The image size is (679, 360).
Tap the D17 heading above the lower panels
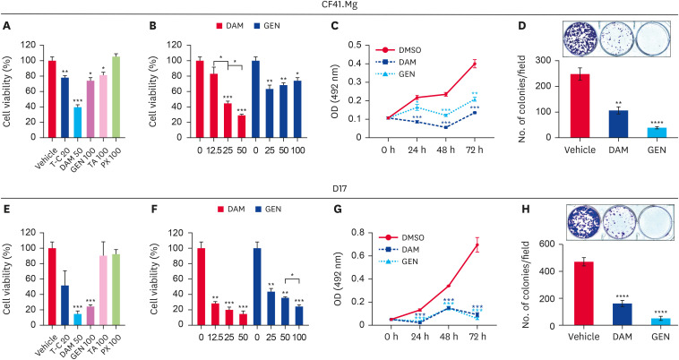coord(339,191)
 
